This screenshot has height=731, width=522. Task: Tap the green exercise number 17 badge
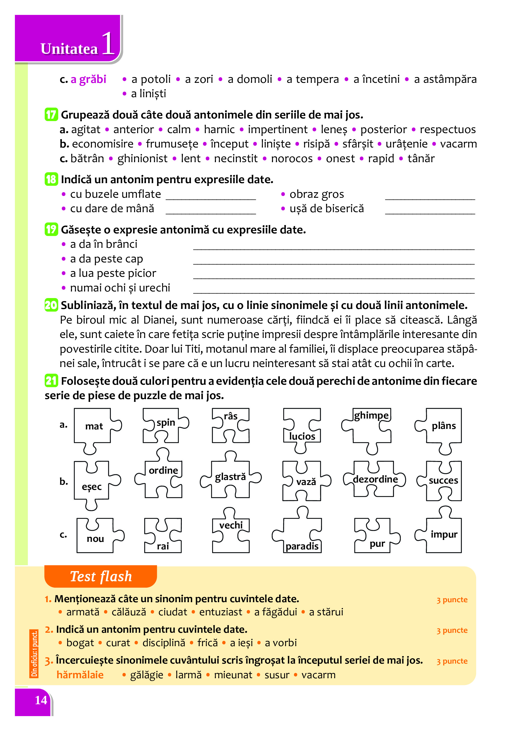(x=51, y=115)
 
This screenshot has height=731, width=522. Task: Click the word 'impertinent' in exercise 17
(x=277, y=130)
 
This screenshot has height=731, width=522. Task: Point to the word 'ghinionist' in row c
(x=142, y=158)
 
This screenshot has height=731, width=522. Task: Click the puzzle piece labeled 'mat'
(x=94, y=427)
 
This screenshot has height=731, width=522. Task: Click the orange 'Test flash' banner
(x=101, y=576)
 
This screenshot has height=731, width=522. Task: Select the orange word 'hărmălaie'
(x=80, y=675)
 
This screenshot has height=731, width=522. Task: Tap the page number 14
(x=41, y=700)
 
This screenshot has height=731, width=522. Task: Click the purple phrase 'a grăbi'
(x=88, y=79)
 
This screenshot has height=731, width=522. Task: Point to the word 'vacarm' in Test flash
(x=318, y=675)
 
